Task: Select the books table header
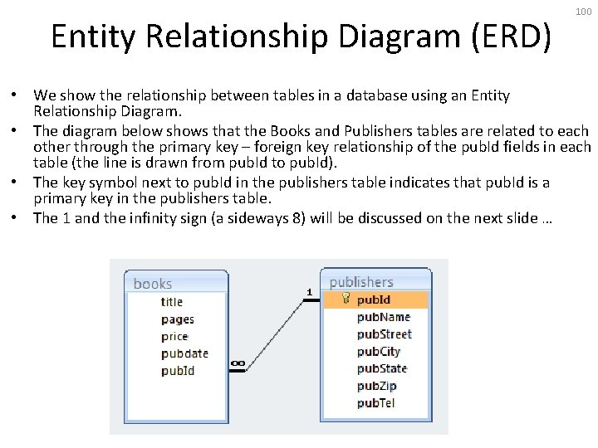pyautogui.click(x=153, y=284)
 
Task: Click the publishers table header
pyautogui.click(x=361, y=282)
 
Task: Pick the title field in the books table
pyautogui.click(x=172, y=302)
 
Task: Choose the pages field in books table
pyautogui.click(x=178, y=319)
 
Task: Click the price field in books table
pyautogui.click(x=174, y=337)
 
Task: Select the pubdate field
pyautogui.click(x=184, y=353)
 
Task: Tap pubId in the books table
pyautogui.click(x=178, y=371)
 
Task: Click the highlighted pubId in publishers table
pyautogui.click(x=374, y=299)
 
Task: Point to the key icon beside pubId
pyautogui.click(x=346, y=299)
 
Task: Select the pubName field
pyautogui.click(x=384, y=317)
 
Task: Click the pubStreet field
pyautogui.click(x=385, y=334)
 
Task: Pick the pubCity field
pyautogui.click(x=379, y=352)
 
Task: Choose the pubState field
pyautogui.click(x=382, y=368)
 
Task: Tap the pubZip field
pyautogui.click(x=377, y=386)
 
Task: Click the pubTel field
pyautogui.click(x=376, y=403)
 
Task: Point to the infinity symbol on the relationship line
pyautogui.click(x=238, y=363)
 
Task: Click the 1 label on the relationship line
pyautogui.click(x=309, y=291)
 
